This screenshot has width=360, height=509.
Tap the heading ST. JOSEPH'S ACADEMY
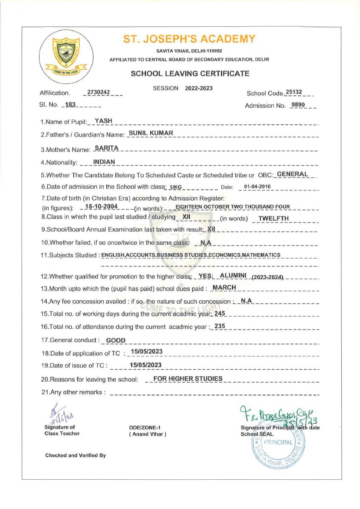[x=189, y=39]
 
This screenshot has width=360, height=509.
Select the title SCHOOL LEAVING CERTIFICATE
[x=190, y=73]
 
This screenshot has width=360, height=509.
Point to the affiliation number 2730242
[x=98, y=92]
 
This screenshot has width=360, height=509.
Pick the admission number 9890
[x=298, y=105]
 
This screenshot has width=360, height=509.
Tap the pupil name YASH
[x=104, y=121]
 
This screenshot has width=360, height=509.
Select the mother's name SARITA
[x=106, y=148]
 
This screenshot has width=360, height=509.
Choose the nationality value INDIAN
[x=104, y=161]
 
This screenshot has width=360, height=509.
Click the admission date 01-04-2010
[x=257, y=187]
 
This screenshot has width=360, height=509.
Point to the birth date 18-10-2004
[x=101, y=207]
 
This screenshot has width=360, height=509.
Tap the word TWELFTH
[x=274, y=218]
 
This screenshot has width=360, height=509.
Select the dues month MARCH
[x=224, y=287]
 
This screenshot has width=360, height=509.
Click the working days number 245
[x=219, y=313]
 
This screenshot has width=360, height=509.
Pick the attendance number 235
[x=219, y=326]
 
